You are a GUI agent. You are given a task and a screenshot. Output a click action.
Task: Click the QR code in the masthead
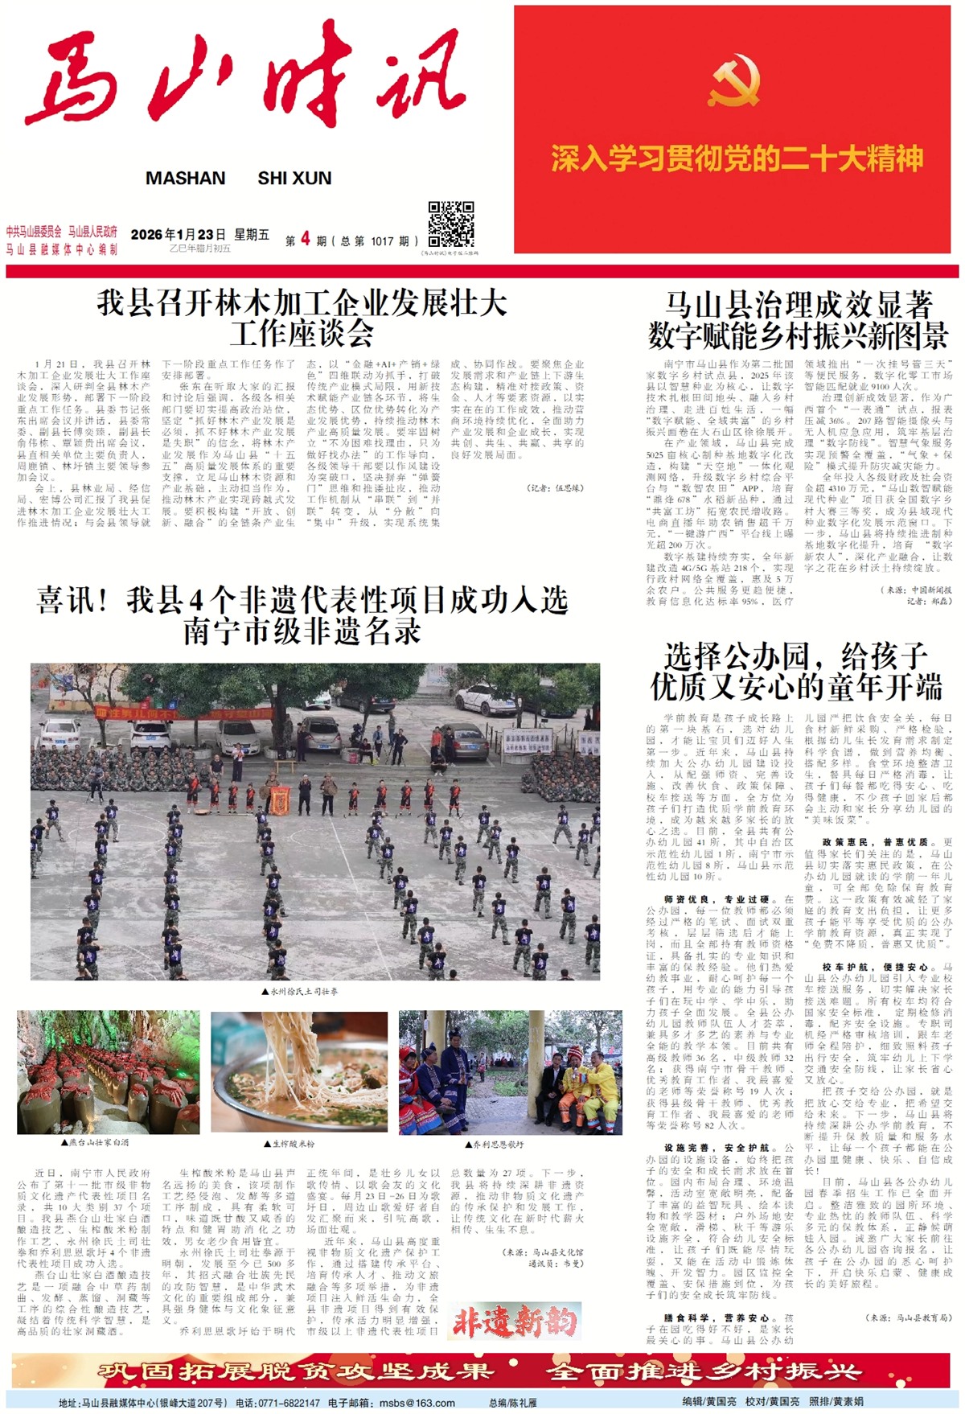click(450, 224)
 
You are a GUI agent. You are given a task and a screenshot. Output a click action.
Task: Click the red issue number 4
click(305, 239)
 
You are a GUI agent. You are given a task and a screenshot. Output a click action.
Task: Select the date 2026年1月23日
click(178, 234)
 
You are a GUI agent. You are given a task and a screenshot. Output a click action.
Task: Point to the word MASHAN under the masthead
click(185, 179)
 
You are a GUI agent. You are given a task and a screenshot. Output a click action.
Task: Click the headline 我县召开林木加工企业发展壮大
click(302, 303)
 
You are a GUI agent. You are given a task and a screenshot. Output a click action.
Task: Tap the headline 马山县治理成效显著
click(798, 305)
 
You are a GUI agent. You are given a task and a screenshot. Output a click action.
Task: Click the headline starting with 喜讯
click(302, 600)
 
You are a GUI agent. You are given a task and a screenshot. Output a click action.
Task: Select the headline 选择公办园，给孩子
click(796, 656)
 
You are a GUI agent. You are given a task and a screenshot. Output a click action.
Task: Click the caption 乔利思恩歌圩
click(498, 1143)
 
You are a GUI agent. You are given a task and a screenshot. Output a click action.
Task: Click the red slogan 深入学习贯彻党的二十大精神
click(737, 158)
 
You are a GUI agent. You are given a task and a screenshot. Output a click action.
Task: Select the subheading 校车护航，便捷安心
click(875, 968)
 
